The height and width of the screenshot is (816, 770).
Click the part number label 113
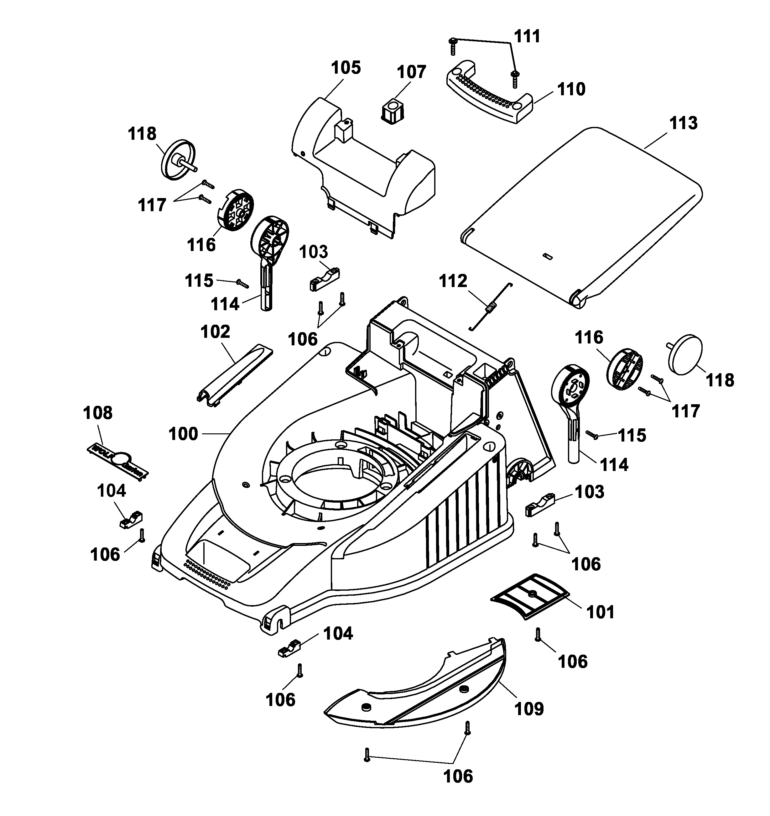click(x=684, y=123)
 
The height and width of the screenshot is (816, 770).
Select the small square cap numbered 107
click(x=393, y=111)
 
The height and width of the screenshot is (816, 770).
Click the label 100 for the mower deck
click(x=183, y=434)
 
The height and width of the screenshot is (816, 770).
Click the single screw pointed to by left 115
click(x=242, y=283)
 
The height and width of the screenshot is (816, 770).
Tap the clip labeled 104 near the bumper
click(x=290, y=648)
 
